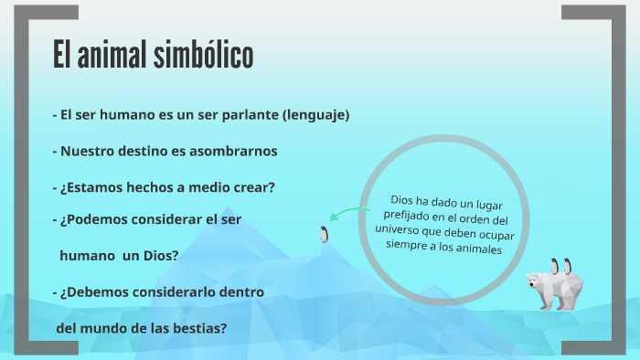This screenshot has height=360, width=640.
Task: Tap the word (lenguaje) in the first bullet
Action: pyautogui.click(x=316, y=115)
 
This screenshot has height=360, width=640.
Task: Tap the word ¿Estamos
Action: pyautogui.click(x=90, y=186)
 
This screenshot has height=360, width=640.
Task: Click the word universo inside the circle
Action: pyautogui.click(x=403, y=234)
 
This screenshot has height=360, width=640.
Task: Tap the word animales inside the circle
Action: pyautogui.click(x=475, y=248)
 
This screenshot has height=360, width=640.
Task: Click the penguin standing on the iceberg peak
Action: pyautogui.click(x=323, y=234)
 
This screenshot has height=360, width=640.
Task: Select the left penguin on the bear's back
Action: pyautogui.click(x=552, y=266)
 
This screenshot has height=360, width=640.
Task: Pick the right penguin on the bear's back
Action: pyautogui.click(x=568, y=268)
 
